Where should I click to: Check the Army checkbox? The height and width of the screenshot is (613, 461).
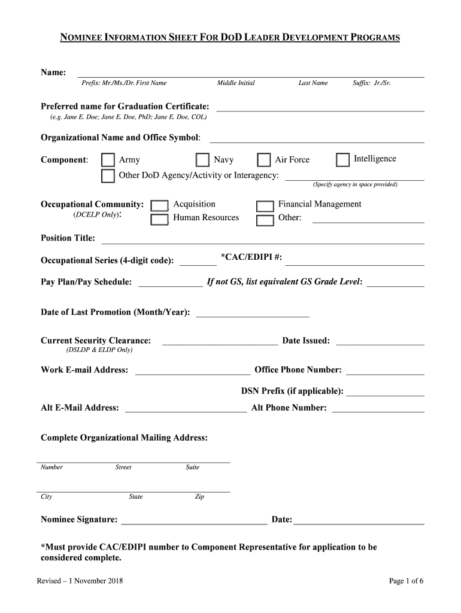(x=108, y=160)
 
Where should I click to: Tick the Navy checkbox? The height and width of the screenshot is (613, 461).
(x=203, y=160)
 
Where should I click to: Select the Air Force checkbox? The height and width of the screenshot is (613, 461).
(x=264, y=160)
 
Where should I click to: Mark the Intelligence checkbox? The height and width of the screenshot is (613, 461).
(x=342, y=160)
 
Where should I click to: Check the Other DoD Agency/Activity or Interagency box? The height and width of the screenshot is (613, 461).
(x=108, y=175)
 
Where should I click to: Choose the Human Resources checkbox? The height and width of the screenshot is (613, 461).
(x=159, y=219)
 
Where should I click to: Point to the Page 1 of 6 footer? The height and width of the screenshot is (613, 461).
(x=406, y=581)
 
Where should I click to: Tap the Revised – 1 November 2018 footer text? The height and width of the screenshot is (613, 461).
(x=80, y=581)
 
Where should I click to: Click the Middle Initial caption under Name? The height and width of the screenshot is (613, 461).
(x=236, y=83)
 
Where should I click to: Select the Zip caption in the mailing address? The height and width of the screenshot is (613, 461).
(x=199, y=497)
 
